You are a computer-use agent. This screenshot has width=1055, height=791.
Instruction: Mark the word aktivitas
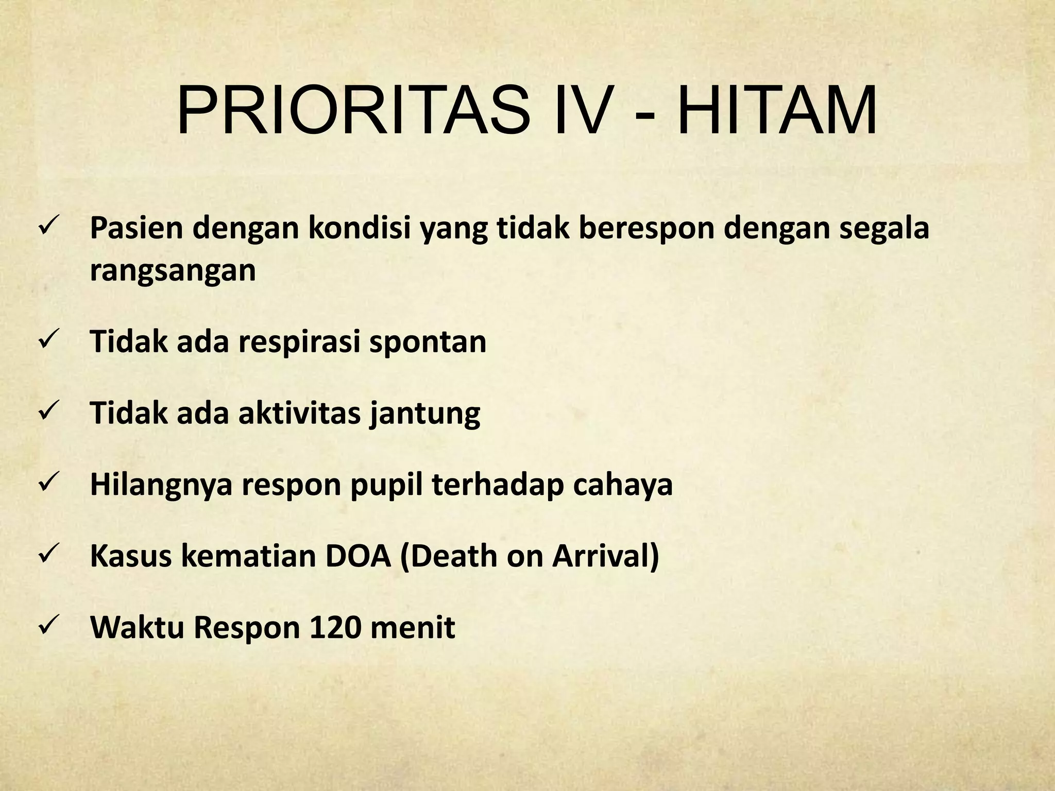point(299,414)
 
